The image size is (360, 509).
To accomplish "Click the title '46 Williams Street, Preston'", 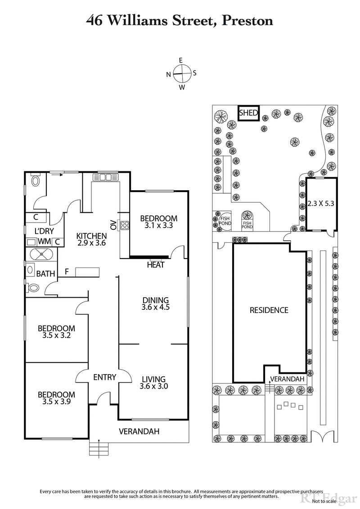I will pos(180,20).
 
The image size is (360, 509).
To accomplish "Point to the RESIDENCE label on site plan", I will pos(269,310).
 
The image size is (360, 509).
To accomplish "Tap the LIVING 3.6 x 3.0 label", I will pos(153,383).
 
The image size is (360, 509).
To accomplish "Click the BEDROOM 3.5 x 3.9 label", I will pos(56,398).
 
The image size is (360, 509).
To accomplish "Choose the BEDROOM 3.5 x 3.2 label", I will pos(56,332).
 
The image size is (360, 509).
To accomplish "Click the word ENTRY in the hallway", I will pos(105,377).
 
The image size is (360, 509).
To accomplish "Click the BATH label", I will pos(46,273).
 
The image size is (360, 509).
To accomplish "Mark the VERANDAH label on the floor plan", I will pos(139,432).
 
